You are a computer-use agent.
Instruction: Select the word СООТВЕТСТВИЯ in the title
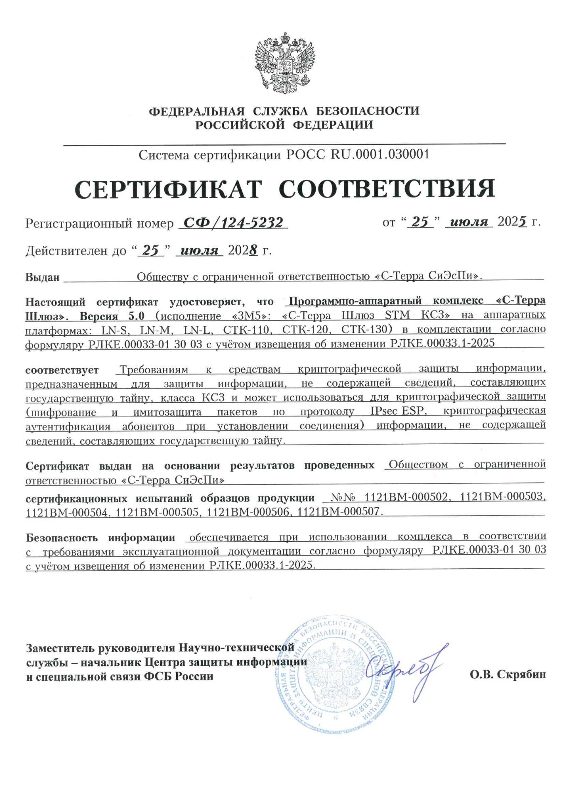(x=387, y=190)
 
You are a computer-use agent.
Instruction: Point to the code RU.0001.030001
(x=380, y=155)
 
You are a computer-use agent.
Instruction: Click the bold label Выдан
(x=42, y=277)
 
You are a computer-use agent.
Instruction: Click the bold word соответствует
(x=62, y=370)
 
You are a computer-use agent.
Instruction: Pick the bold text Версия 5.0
(x=112, y=316)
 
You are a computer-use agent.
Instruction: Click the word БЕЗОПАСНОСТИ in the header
(x=368, y=111)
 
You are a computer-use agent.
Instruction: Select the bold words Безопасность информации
(x=101, y=538)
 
